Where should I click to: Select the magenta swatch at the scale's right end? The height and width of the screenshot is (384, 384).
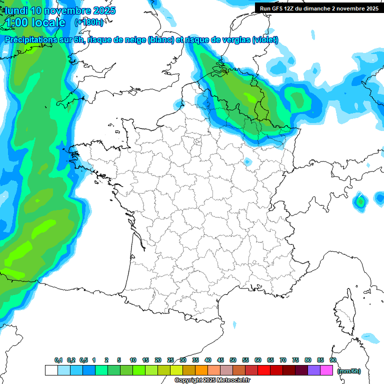pos(326,370)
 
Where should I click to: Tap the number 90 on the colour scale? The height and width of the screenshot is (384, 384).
pos(333,360)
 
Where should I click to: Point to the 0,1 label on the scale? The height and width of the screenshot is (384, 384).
pos(58,360)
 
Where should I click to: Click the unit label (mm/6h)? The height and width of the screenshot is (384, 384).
pos(349,370)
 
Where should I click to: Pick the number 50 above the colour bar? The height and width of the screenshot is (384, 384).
pos(233,360)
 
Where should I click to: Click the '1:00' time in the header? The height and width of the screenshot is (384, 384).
pos(16,22)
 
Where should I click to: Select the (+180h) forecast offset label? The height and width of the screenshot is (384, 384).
pos(89,22)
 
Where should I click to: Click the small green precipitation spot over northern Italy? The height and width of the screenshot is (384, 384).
pos(360,201)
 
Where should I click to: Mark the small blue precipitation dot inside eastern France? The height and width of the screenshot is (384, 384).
pos(247,161)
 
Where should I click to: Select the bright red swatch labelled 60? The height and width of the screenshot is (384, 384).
pos(264,370)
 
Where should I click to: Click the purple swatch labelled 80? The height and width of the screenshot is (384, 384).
pos(314,370)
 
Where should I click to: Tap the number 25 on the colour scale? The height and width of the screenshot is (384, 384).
pos(170,360)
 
